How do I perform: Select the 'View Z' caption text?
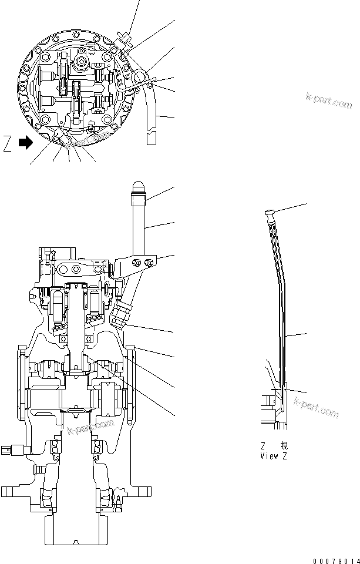click(274, 455)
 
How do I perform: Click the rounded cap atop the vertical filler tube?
click(139, 189)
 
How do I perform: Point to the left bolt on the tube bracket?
click(136, 262)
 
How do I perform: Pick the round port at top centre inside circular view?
click(81, 62)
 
